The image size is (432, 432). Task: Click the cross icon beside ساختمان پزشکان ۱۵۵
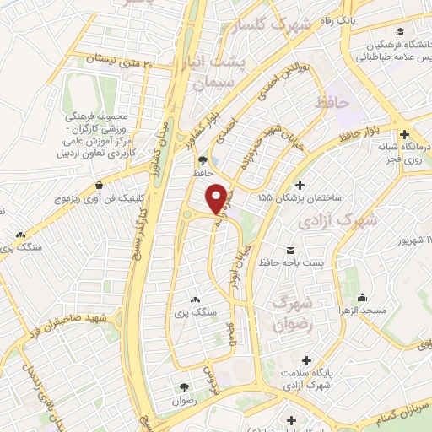point(300,186)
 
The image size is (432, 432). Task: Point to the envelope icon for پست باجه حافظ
point(291,251)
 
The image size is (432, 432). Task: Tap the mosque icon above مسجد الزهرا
point(362,297)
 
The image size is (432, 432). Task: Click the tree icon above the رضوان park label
point(183,386)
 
